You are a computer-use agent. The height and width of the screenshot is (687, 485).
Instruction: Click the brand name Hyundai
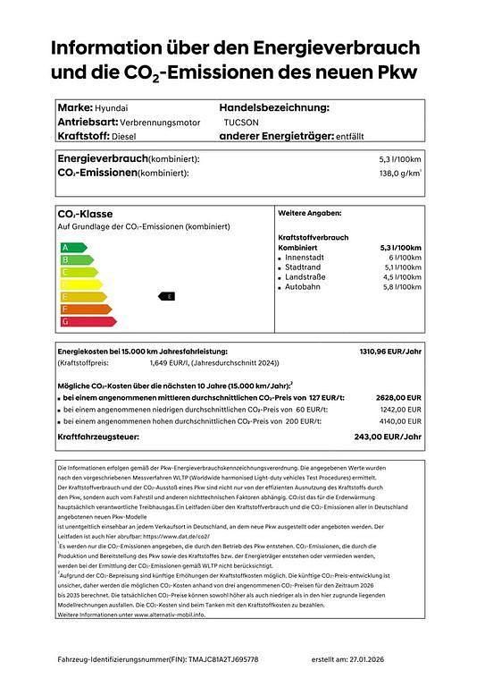pyautogui.click(x=110, y=107)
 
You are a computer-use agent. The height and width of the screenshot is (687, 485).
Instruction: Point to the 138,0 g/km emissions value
pyautogui.click(x=400, y=172)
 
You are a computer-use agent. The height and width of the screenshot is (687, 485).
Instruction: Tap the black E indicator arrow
pyautogui.click(x=167, y=295)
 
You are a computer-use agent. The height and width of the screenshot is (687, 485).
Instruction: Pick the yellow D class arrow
pyautogui.click(x=71, y=284)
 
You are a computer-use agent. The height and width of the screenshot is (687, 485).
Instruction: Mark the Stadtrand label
pyautogui.click(x=303, y=267)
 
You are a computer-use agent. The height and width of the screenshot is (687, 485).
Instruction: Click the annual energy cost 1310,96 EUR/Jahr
pyautogui.click(x=389, y=352)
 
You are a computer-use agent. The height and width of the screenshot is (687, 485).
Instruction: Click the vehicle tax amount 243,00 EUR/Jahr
pyautogui.click(x=388, y=437)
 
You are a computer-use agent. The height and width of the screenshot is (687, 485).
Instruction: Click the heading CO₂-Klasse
pyautogui.click(x=85, y=215)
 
